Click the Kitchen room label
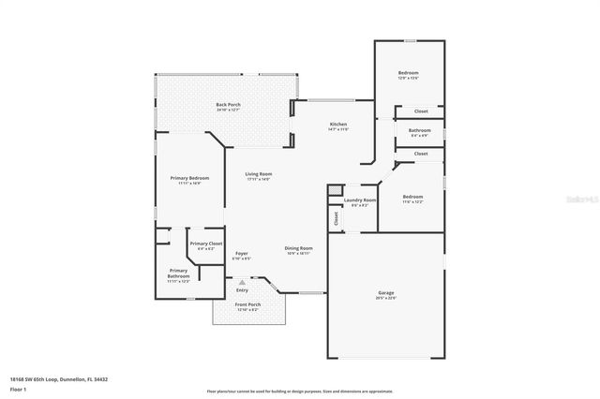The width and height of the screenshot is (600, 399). coord(338,126)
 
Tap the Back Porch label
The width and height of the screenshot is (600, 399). coord(229,105)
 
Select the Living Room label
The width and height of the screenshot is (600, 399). coord(259,174)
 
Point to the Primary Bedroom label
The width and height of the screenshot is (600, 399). coord(189,178)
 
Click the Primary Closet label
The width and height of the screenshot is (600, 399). coord(205,244)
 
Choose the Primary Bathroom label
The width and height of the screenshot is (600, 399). coord(178,273)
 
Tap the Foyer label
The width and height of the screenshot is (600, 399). coord(242,253)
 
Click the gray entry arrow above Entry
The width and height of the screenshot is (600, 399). coord(243,281)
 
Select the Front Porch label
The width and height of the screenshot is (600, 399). coord(247,304)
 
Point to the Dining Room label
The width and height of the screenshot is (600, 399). coord(298,248)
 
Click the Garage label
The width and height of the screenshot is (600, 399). coord(386,293)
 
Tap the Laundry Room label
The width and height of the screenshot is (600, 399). coord(360,199)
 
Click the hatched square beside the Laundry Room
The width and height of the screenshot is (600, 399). coord(334,191)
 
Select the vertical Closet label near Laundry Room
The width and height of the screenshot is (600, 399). coord(335,217)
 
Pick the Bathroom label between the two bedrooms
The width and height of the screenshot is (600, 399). coord(419,130)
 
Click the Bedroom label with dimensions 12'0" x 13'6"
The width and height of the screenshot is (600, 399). coord(408,73)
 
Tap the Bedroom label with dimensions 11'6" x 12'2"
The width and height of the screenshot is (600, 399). coord(412,197)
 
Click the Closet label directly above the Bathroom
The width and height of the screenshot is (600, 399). coord(420,111)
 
